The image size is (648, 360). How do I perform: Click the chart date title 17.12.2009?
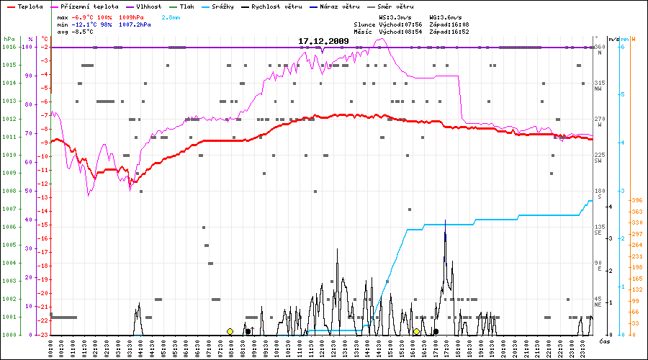click(323, 41)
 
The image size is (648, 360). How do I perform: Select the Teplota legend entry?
click(29, 6)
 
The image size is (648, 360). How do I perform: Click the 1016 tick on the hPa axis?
click(9, 47)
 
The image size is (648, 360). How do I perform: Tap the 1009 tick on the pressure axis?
click(9, 173)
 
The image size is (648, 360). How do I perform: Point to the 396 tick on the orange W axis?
click(636, 200)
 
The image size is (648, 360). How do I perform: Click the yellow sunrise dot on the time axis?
click(230, 331)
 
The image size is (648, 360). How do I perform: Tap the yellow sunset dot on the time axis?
click(416, 331)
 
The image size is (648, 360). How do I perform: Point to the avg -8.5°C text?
click(81, 32)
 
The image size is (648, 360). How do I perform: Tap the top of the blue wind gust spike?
click(446, 220)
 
